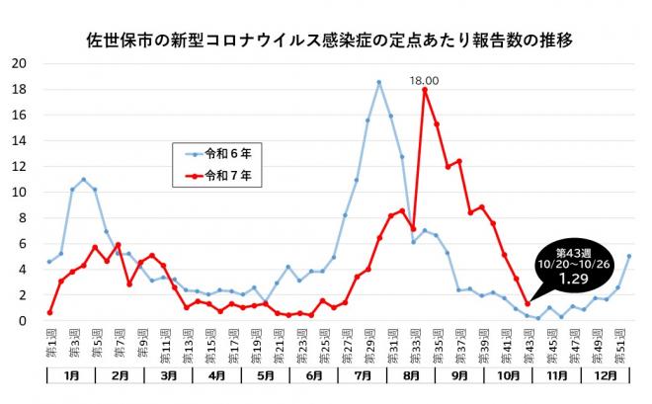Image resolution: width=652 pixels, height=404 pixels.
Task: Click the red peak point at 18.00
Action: click(x=425, y=90)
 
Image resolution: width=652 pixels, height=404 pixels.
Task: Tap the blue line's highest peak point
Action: click(x=378, y=82)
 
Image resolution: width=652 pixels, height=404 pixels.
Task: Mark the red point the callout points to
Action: click(x=528, y=303)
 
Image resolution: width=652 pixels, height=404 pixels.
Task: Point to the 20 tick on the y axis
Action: click(x=19, y=63)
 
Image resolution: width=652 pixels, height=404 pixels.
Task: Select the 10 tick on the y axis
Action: click(x=19, y=192)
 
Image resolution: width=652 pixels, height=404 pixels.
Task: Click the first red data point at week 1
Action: click(x=49, y=312)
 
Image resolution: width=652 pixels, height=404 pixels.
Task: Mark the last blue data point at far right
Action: click(x=629, y=256)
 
